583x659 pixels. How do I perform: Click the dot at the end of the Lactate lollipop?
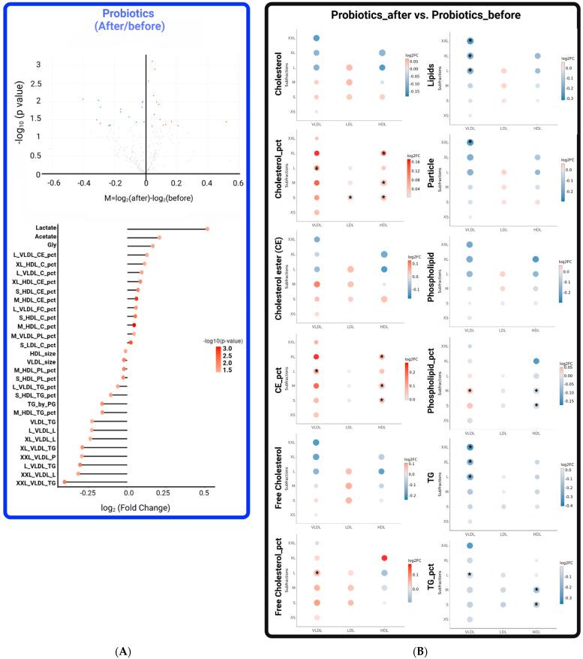pyautogui.click(x=208, y=229)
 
